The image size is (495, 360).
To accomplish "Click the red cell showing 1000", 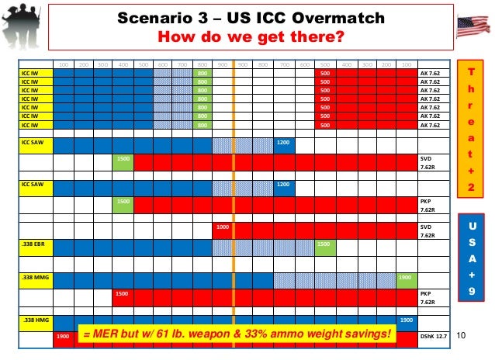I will [223, 227].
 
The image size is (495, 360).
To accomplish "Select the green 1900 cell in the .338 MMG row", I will [404, 277].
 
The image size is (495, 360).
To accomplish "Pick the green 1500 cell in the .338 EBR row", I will [324, 244].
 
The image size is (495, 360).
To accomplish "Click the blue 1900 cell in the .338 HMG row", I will [405, 319].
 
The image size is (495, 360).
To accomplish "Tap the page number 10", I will [462, 334].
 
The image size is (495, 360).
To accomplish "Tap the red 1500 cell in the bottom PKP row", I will [122, 294].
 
